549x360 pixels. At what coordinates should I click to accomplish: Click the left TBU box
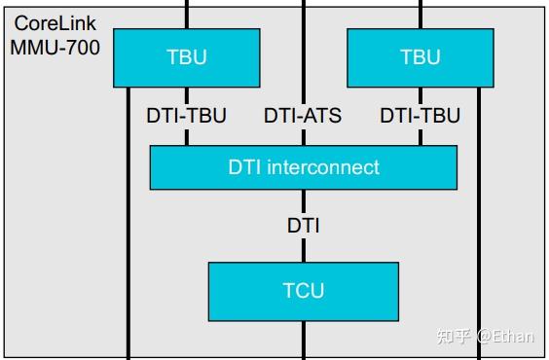coord(187,57)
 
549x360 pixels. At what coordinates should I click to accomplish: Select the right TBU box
coord(421,57)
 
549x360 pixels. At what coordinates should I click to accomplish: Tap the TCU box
coord(304,291)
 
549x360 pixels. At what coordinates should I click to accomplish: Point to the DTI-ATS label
coord(303,116)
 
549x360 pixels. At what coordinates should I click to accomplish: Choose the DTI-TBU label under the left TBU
coord(186,116)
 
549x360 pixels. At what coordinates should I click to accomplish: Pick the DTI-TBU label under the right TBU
coord(420,116)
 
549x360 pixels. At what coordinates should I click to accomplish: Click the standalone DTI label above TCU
coord(303,226)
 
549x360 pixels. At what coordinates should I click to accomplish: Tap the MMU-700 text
coord(55,46)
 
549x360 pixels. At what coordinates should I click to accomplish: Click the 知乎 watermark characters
coord(455,336)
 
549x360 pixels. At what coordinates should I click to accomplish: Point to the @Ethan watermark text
coord(505,336)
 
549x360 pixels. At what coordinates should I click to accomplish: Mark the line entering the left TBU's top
coord(187,14)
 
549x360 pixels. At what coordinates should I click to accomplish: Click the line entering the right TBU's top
coord(421,14)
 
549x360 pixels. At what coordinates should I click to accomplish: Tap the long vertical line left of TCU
coord(128,243)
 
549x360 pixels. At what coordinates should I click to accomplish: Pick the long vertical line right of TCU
coord(479,243)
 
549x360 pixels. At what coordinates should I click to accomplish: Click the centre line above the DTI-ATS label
coord(304,49)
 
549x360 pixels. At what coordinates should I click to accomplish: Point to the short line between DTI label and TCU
coord(304,250)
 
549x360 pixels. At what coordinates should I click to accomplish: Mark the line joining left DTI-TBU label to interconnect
coord(187,136)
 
